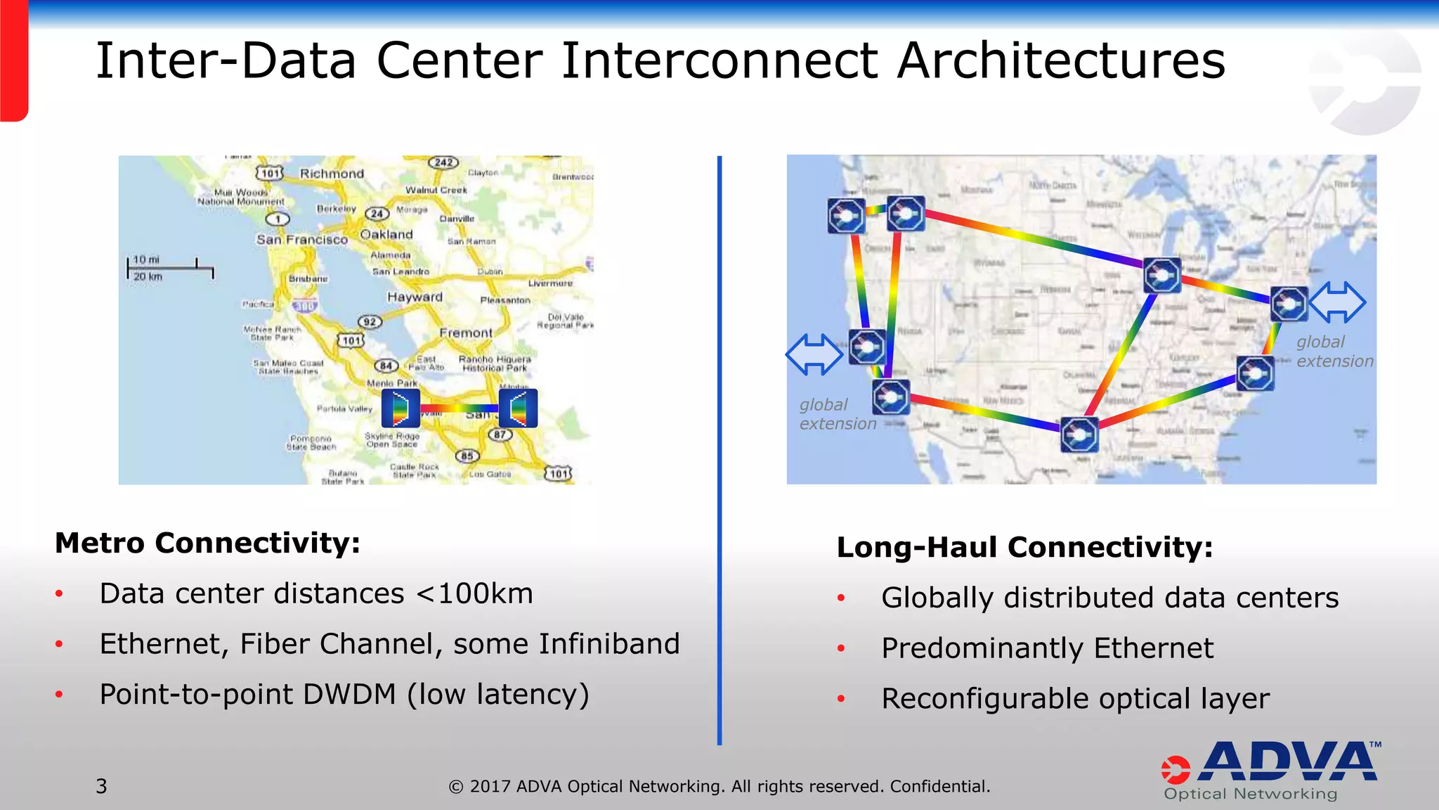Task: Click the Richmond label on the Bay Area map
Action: (332, 174)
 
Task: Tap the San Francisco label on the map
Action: (301, 240)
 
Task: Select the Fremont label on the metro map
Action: (466, 333)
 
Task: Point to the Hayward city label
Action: (415, 297)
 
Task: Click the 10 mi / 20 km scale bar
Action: (170, 268)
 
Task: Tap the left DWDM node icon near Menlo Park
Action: (401, 409)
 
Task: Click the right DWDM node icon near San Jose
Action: (518, 409)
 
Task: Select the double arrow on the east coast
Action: (1337, 302)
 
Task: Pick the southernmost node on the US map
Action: (1079, 435)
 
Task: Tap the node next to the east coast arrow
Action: (1289, 304)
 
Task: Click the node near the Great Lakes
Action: (1161, 275)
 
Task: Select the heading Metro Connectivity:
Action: (207, 543)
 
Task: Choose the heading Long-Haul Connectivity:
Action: (1024, 547)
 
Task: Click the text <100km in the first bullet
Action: (474, 594)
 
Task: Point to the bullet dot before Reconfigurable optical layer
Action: (840, 699)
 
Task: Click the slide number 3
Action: (101, 786)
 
